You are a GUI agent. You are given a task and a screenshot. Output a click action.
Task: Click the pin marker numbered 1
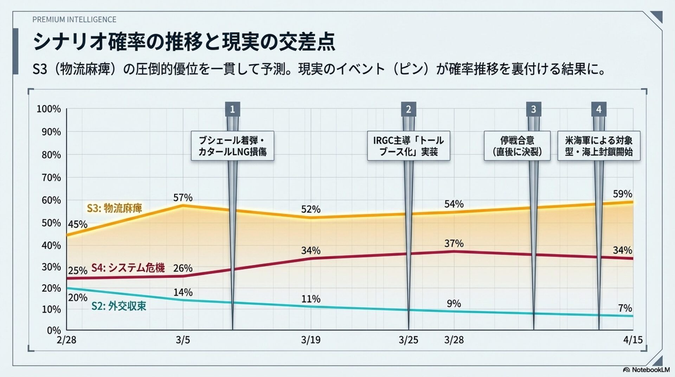pos(232,109)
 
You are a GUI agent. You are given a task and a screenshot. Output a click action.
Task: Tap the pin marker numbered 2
pos(409,109)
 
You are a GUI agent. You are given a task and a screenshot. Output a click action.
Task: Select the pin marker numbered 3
pos(533,109)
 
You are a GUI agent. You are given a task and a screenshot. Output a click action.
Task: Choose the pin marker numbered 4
pos(599,109)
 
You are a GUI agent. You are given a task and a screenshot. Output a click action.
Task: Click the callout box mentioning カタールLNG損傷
pos(232,146)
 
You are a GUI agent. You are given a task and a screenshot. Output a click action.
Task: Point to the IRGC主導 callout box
pos(409,146)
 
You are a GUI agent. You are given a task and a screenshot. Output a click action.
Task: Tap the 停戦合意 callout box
pos(517,146)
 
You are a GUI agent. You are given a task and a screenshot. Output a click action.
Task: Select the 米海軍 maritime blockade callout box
pos(599,146)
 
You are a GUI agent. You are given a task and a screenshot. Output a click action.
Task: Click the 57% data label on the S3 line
pos(183,198)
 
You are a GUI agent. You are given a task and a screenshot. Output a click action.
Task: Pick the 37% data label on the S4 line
pos(454,243)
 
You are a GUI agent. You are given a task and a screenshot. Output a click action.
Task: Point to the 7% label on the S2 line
pos(625,308)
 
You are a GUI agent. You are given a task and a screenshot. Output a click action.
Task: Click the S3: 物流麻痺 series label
pos(114,208)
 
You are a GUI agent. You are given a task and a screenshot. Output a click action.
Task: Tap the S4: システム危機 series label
pos(128,268)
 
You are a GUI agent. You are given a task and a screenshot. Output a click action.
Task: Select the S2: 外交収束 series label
pos(119,306)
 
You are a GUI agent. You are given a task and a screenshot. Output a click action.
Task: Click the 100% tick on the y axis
pos(49,109)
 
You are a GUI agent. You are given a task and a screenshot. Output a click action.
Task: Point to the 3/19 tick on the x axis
pos(311,340)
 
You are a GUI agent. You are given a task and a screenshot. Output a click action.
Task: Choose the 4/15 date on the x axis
pos(633,340)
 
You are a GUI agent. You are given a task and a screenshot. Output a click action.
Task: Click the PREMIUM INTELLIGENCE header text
pos(74,20)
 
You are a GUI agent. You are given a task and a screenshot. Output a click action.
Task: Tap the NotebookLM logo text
pos(650,370)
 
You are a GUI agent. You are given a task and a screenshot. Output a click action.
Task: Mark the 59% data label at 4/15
pos(622,194)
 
